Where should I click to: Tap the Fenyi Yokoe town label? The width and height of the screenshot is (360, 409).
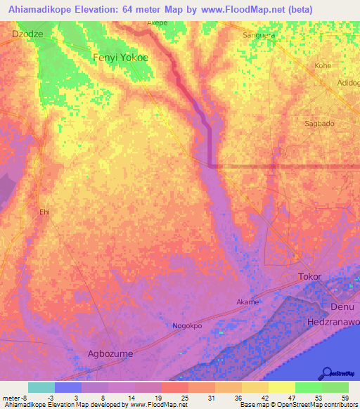coord(120,58)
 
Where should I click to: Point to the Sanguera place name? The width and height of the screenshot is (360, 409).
coord(257,34)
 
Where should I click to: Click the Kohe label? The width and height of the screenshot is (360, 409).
coord(323,65)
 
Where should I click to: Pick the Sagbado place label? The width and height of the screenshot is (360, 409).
coord(319,123)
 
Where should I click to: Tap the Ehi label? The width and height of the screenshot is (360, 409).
coord(45,212)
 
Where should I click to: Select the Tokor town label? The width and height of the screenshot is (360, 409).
coord(309,276)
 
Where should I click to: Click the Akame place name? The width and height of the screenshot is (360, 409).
coord(247,302)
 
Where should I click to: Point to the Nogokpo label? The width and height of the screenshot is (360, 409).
coord(187,326)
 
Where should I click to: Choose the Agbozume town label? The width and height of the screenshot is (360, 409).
coord(109,353)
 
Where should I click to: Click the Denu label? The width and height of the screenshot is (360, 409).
coord(342,308)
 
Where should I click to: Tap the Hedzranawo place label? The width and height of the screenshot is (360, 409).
coord(333,322)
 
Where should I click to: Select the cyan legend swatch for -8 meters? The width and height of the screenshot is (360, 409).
coord(41,387)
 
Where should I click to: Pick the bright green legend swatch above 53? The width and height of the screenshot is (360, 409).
coord(308,387)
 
